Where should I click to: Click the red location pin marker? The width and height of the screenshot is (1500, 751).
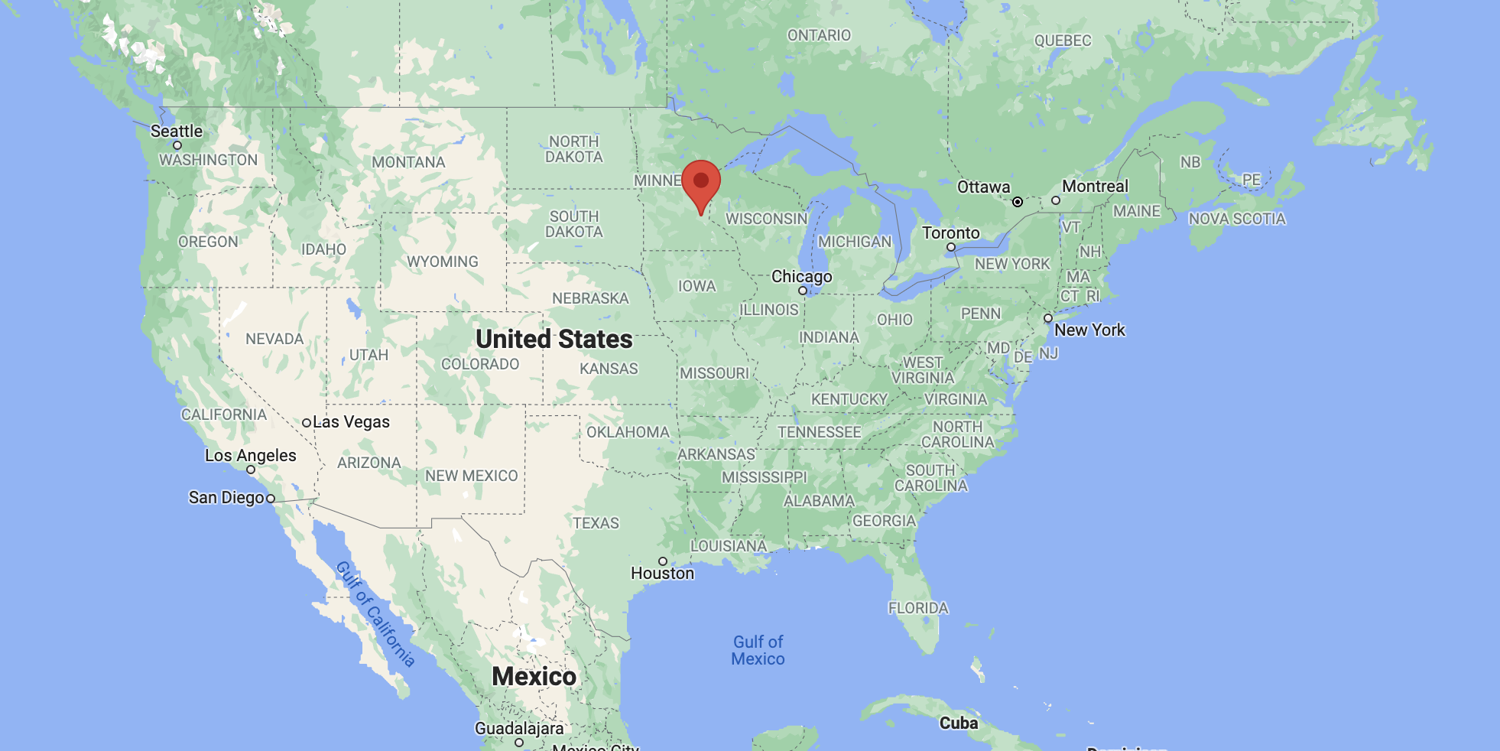[701, 184]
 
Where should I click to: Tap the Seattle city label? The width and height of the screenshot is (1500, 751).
[177, 131]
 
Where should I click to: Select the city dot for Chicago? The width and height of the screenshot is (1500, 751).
[802, 291]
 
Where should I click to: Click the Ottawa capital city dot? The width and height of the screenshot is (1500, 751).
[1018, 202]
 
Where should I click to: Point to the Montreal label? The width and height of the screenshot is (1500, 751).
[1095, 186]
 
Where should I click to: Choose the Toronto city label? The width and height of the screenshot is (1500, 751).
[950, 232]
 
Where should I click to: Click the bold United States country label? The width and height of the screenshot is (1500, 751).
[554, 339]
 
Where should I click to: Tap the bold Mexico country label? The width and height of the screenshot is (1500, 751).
[534, 676]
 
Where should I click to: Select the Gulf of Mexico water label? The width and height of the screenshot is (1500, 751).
[758, 650]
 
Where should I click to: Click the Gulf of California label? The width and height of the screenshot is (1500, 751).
[375, 614]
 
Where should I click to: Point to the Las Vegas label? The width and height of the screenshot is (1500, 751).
[351, 421]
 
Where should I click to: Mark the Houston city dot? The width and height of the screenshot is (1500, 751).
[663, 561]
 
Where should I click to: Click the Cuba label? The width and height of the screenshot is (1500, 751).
[959, 723]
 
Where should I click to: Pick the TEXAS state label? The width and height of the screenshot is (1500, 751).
[596, 523]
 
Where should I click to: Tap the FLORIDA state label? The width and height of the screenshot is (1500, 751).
[918, 608]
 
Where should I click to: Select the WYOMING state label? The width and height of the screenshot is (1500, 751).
[442, 262]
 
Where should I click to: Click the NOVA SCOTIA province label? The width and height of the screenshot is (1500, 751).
[1237, 219]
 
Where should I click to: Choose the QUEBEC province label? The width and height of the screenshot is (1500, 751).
[1063, 41]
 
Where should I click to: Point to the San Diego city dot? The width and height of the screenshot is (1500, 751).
[271, 499]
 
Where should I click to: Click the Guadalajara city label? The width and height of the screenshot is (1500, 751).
[519, 728]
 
